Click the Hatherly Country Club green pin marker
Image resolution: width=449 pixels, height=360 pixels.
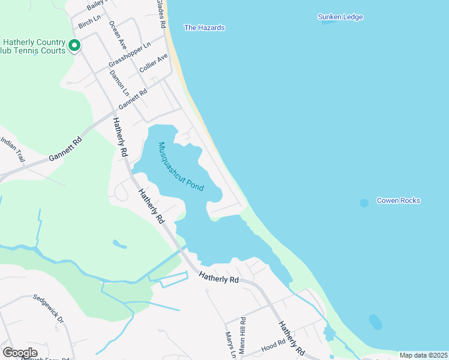(x=74, y=46)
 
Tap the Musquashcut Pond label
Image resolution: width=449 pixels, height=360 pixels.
(x=181, y=167)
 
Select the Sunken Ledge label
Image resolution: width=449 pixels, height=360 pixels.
(x=340, y=17)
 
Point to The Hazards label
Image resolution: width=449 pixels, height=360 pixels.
(x=204, y=28)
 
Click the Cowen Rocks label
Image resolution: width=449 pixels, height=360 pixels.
(x=399, y=200)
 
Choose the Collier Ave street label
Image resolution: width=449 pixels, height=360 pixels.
(x=153, y=65)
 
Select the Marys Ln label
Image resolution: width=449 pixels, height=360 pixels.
(x=229, y=344)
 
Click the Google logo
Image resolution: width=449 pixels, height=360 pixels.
(x=20, y=353)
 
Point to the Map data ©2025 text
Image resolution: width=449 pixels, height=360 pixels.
(x=423, y=355)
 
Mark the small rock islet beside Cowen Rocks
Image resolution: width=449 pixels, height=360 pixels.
(x=364, y=203)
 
